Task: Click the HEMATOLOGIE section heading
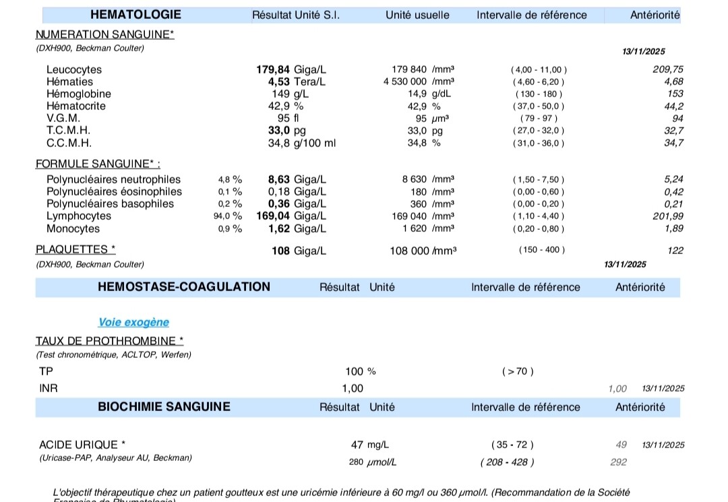[x=135, y=15]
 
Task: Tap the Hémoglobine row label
[x=79, y=94]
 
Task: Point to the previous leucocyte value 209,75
[x=668, y=69]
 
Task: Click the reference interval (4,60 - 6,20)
[x=539, y=82]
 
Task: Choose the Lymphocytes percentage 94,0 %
[x=228, y=216]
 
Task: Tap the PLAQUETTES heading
[x=75, y=249]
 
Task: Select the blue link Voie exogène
[x=133, y=323]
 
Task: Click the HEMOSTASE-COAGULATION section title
[x=184, y=287]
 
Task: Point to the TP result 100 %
[x=360, y=371]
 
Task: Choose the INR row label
[x=49, y=388]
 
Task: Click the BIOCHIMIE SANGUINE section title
[x=164, y=407]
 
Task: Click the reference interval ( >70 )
[x=517, y=371]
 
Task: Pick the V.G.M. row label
[x=63, y=118]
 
